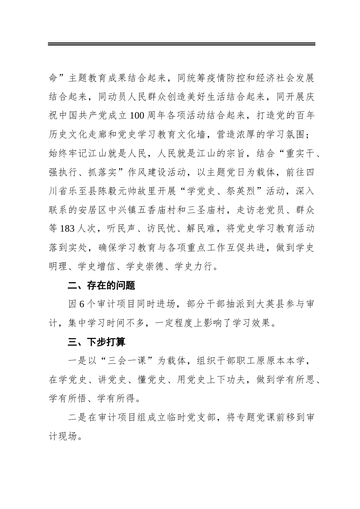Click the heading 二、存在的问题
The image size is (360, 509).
pos(101,286)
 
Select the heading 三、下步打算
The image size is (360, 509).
pos(97,342)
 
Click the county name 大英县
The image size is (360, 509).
pos(269,304)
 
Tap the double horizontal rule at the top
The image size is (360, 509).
pos(182,45)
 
